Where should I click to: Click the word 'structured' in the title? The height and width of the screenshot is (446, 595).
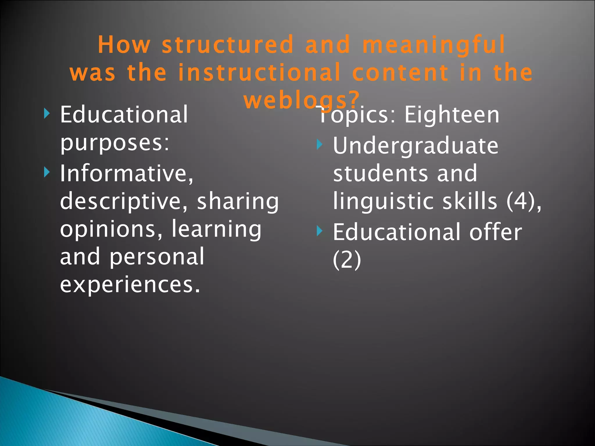[x=227, y=45]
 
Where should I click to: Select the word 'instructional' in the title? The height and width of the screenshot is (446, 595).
[x=259, y=72]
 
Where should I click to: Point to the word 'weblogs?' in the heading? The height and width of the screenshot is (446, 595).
[x=302, y=100]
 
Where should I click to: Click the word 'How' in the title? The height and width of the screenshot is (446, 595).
[x=124, y=45]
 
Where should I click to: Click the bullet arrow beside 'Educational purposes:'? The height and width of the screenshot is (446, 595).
[x=47, y=114]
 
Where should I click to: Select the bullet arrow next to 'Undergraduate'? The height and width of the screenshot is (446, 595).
[x=319, y=144]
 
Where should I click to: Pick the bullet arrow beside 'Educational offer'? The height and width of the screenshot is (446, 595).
[x=319, y=231]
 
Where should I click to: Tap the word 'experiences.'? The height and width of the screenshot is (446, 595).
[x=130, y=284]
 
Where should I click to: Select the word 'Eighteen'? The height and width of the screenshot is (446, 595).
[x=452, y=115]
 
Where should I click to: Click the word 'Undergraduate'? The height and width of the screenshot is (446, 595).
[x=415, y=146]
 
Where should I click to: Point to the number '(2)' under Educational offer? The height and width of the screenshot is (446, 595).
[x=347, y=260]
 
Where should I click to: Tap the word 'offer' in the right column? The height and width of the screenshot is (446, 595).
[x=496, y=232]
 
